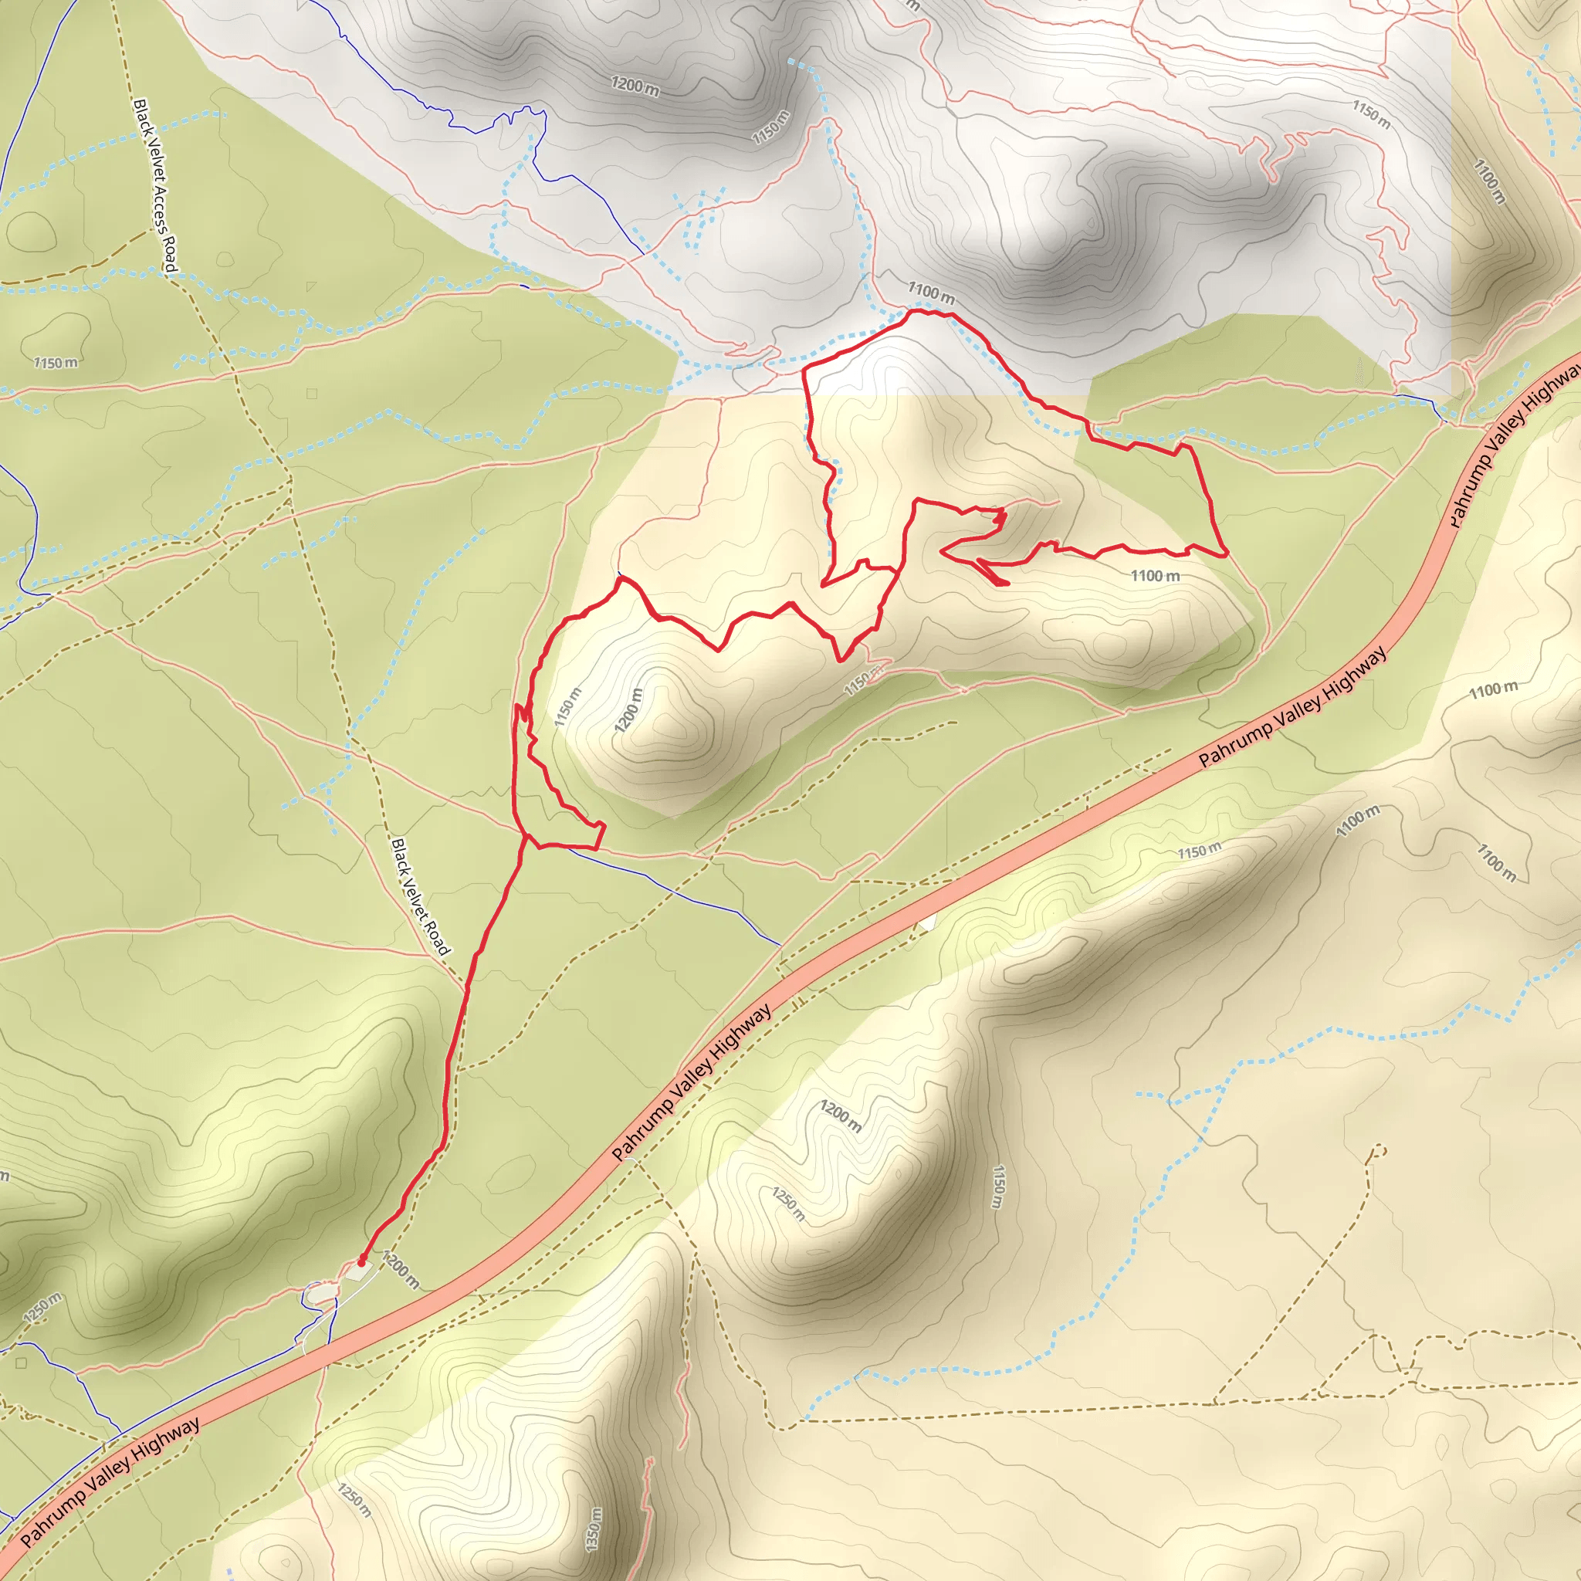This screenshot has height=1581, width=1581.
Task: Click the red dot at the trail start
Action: (362, 1262)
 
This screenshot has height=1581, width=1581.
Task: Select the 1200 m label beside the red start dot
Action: (400, 1271)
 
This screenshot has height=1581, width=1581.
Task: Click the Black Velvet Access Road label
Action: (155, 185)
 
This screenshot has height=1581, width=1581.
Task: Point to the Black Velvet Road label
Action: (420, 896)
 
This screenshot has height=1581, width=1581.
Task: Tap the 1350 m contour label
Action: (594, 1529)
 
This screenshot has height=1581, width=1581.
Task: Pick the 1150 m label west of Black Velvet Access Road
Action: (56, 362)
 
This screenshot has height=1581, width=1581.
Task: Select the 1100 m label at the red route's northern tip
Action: (930, 291)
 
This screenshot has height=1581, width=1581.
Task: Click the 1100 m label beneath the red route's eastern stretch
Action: (1155, 576)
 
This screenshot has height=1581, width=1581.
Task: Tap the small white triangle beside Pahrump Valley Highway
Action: (927, 923)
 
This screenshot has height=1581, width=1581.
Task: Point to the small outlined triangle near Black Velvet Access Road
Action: (311, 286)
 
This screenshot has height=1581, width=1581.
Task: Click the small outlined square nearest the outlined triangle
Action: (312, 394)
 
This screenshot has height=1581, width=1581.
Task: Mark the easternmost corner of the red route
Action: (1227, 554)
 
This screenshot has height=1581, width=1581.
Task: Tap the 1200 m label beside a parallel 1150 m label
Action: (629, 709)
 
